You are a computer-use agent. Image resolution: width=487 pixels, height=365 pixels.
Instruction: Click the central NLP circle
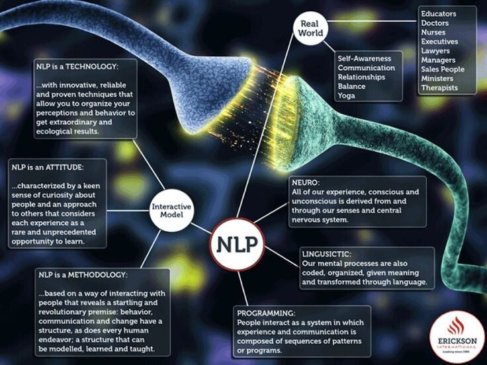(237, 244)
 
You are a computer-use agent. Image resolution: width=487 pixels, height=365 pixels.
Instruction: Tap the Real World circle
(310, 28)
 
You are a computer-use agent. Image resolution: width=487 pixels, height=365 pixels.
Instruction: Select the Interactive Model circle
(171, 210)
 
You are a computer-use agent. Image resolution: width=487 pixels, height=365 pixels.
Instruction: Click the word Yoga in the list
(346, 96)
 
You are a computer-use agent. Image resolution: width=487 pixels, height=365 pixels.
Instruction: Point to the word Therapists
(439, 88)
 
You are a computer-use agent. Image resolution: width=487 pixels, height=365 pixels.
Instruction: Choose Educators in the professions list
(439, 14)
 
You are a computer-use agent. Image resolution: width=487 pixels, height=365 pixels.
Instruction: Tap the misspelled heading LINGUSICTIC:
(327, 254)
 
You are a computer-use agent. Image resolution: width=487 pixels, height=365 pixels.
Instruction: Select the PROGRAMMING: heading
(266, 313)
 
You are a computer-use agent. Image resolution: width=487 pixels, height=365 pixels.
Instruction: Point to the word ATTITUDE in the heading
(64, 167)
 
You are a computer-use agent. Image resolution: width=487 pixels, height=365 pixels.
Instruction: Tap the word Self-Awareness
(365, 58)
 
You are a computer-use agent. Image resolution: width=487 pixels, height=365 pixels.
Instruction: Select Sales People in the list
(443, 69)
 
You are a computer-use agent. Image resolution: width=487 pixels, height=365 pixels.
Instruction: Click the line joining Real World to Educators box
(372, 21)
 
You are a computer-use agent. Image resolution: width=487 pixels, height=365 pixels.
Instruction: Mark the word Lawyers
(435, 51)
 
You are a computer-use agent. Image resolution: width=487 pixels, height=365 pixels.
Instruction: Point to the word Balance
(351, 86)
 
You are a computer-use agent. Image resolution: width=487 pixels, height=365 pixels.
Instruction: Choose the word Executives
(439, 42)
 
